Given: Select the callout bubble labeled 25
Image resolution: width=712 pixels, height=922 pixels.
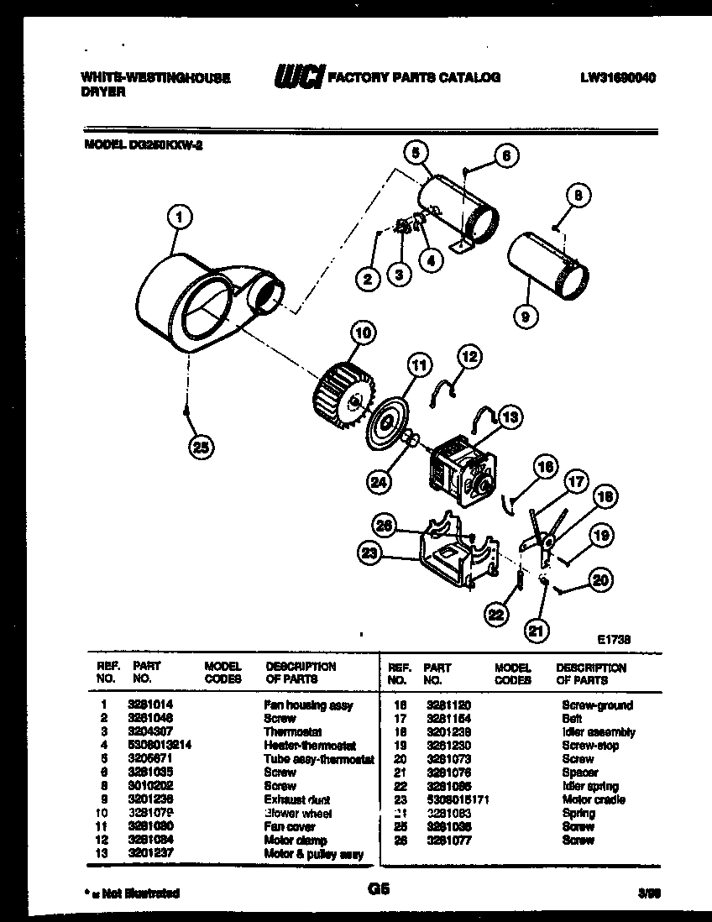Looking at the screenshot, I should [x=200, y=447].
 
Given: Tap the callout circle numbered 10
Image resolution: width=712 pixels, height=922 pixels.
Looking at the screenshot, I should [x=363, y=333].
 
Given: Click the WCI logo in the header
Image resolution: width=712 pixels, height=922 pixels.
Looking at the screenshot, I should [x=298, y=78].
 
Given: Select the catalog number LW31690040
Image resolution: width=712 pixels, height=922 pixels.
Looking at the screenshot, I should [x=617, y=77].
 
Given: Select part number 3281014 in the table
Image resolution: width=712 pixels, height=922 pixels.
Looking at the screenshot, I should [x=149, y=705].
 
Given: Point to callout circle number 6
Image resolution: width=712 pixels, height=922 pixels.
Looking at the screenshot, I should [x=505, y=155].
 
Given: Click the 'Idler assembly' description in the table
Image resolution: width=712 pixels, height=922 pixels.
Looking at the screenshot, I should [x=598, y=732].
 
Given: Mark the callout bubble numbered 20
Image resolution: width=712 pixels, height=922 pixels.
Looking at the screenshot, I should [x=601, y=579].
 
